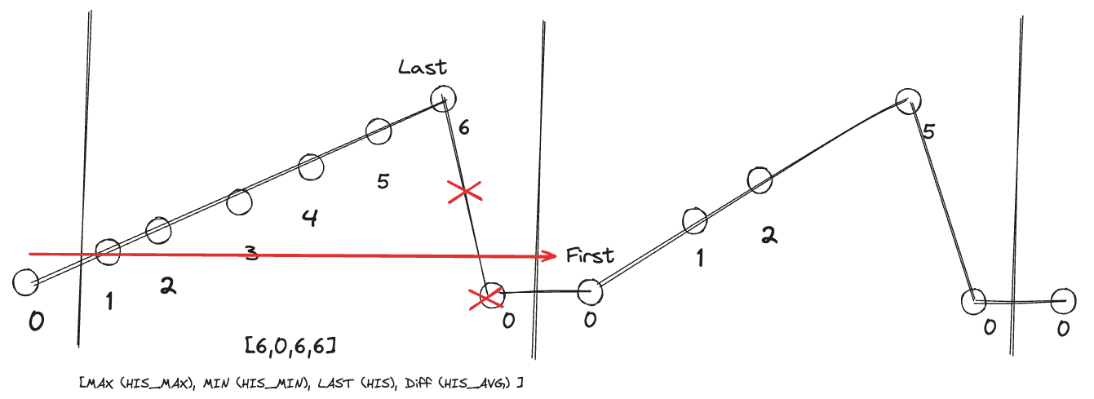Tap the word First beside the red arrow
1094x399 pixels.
click(590, 255)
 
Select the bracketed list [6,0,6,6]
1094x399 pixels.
click(291, 346)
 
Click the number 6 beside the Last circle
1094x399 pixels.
click(463, 127)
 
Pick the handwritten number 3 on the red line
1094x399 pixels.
click(251, 255)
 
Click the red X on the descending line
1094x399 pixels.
click(464, 193)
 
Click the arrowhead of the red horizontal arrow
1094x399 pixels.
click(552, 256)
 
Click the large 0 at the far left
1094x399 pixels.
click(36, 322)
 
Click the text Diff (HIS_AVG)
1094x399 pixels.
click(464, 382)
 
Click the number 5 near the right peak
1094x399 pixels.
click(928, 131)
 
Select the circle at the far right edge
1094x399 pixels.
click(1063, 300)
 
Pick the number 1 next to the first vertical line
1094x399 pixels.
click(109, 303)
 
